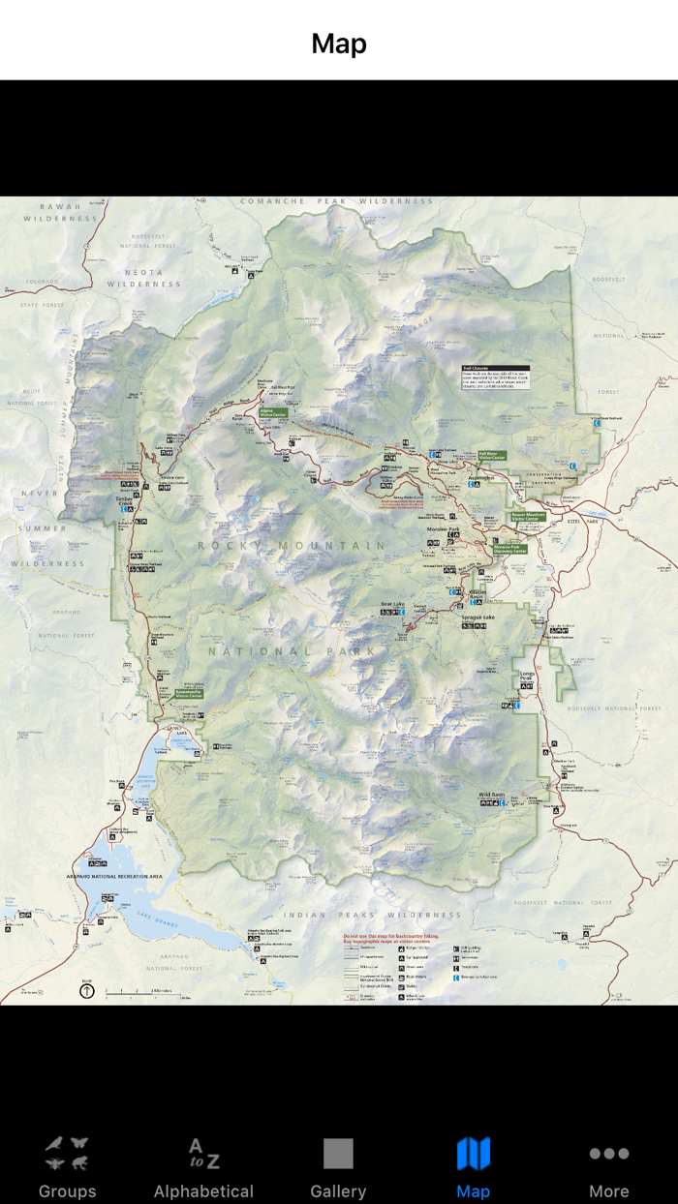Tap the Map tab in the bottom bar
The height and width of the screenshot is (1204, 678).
[x=473, y=1167]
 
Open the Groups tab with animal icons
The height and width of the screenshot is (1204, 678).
[x=67, y=1167]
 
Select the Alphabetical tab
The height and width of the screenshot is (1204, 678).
[x=203, y=1167]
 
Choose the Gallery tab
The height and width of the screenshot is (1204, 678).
[x=338, y=1167]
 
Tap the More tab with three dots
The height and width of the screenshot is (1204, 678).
[x=609, y=1167]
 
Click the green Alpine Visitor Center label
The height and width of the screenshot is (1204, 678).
[x=273, y=412]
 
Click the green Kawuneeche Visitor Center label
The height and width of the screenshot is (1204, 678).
[x=188, y=694]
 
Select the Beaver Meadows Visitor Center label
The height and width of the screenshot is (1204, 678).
[x=529, y=518]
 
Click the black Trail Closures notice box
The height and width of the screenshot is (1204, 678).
[x=495, y=377]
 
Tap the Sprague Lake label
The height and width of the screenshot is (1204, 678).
[x=478, y=617]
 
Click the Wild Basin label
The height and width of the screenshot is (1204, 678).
[x=492, y=795]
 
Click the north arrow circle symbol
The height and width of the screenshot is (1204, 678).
[x=87, y=990]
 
